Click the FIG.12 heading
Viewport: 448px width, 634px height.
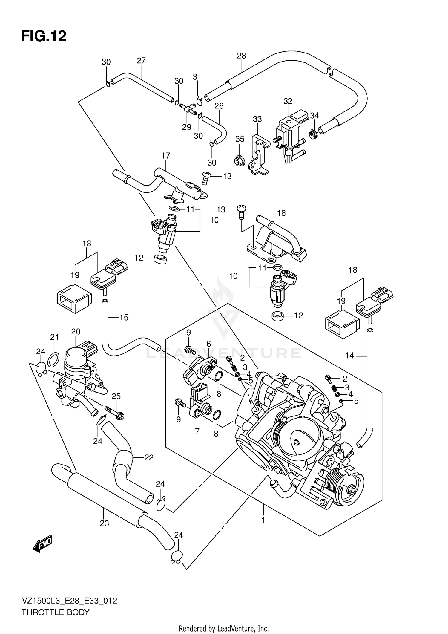tap(44, 36)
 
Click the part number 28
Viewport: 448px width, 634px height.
tap(241, 56)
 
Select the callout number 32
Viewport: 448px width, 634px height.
tap(288, 101)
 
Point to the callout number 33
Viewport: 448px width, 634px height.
tap(257, 119)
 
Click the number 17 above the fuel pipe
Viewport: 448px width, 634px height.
tap(165, 155)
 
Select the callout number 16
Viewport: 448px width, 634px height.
tap(281, 213)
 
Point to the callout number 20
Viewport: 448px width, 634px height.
tap(76, 331)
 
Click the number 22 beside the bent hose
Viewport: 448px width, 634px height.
tap(149, 457)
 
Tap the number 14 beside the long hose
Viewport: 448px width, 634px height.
tap(349, 355)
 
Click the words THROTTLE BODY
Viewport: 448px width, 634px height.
tap(55, 612)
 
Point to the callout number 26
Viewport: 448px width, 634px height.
tap(219, 106)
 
